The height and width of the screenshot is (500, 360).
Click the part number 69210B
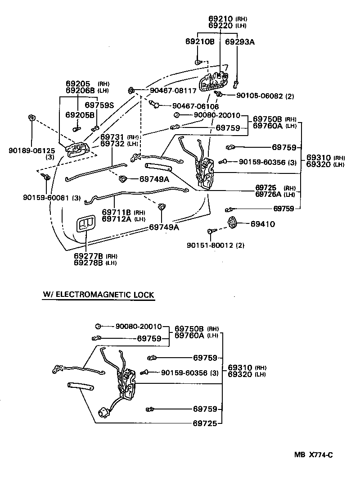click(200, 42)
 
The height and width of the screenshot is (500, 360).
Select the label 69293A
click(240, 42)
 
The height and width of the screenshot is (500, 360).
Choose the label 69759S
click(99, 105)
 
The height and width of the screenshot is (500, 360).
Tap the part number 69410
click(263, 224)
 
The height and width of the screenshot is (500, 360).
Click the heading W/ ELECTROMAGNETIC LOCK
click(99, 295)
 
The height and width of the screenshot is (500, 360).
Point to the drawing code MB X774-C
click(313, 455)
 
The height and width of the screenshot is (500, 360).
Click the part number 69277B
click(89, 256)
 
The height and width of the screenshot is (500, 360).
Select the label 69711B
click(116, 212)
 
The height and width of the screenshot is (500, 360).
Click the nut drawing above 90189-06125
click(31, 118)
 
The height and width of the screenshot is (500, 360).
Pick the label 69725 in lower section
click(205, 423)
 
